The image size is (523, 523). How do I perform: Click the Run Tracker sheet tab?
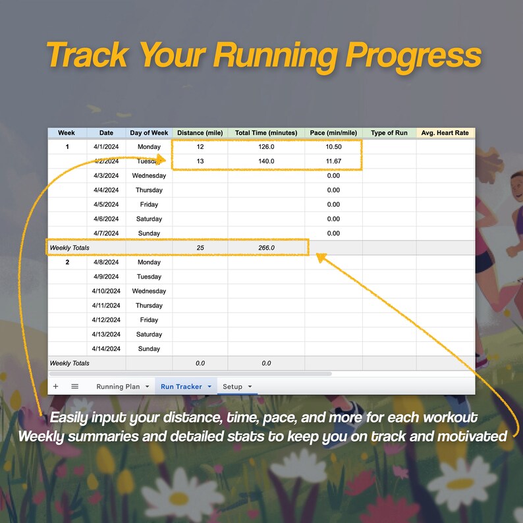point(181,387)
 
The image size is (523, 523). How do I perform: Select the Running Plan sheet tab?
point(118,387)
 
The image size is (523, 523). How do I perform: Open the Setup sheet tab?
point(233,387)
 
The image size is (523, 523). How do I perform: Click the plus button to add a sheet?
point(55,387)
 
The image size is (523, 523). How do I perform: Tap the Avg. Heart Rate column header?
point(445,133)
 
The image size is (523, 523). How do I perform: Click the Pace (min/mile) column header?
point(333,133)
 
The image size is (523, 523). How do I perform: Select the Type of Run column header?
point(389,133)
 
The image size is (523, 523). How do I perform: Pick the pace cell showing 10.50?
point(333,147)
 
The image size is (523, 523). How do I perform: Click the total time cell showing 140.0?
point(266,161)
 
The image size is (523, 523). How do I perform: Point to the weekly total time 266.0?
point(266,248)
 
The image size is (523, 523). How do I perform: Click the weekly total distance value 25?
point(200,248)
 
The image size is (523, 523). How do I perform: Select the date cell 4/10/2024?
point(106,291)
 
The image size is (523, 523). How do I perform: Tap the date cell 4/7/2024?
point(106,233)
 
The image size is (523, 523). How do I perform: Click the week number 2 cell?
point(67,262)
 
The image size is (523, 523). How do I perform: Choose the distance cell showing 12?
point(200,147)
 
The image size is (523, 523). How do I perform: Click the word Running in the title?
point(276,55)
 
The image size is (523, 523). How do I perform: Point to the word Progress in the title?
point(413,55)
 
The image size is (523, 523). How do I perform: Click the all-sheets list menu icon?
point(74,387)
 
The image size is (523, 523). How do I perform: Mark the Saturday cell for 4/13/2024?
point(149,335)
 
